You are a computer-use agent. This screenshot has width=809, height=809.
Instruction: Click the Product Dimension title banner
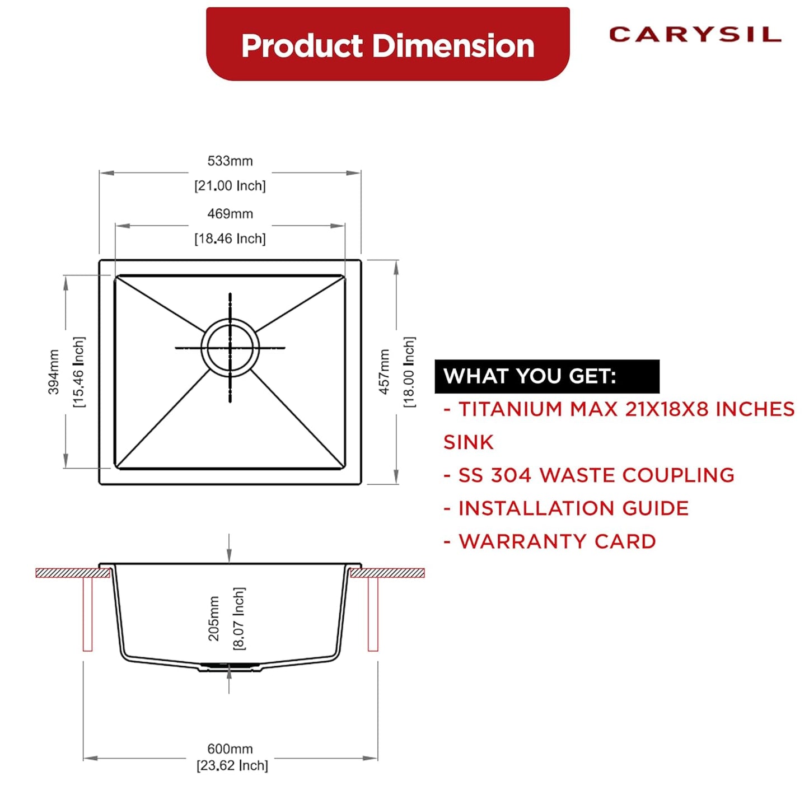pyautogui.click(x=387, y=45)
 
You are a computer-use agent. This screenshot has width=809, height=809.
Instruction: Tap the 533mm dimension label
pyautogui.click(x=230, y=161)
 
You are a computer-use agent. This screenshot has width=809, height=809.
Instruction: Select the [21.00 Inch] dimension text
pyautogui.click(x=230, y=186)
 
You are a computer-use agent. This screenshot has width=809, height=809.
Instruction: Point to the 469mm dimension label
pyautogui.click(x=230, y=214)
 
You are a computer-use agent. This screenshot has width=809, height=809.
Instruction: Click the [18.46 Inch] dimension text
pyautogui.click(x=230, y=239)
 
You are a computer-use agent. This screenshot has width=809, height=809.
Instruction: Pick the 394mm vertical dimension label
pyautogui.click(x=54, y=372)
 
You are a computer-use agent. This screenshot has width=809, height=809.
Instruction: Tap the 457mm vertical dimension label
pyautogui.click(x=384, y=372)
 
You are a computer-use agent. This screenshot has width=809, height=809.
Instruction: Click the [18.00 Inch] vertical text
pyautogui.click(x=409, y=372)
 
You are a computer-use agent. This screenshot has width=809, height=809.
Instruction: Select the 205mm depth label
pyautogui.click(x=214, y=618)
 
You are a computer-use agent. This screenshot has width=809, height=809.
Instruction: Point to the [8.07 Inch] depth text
pyautogui.click(x=239, y=618)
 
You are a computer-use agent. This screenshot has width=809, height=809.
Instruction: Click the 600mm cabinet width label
pyautogui.click(x=230, y=749)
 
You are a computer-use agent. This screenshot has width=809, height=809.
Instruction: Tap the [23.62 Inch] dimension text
pyautogui.click(x=232, y=766)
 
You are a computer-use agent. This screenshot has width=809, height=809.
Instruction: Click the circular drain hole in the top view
pyautogui.click(x=230, y=348)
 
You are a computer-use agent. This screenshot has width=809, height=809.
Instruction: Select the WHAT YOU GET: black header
pyautogui.click(x=546, y=376)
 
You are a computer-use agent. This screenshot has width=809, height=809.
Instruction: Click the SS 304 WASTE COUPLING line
pyautogui.click(x=589, y=475)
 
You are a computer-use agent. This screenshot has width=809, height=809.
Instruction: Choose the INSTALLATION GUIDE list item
pyautogui.click(x=567, y=508)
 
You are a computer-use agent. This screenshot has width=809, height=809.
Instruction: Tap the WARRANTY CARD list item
pyautogui.click(x=550, y=541)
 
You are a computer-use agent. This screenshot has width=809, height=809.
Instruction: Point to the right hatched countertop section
pyautogui.click(x=387, y=573)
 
